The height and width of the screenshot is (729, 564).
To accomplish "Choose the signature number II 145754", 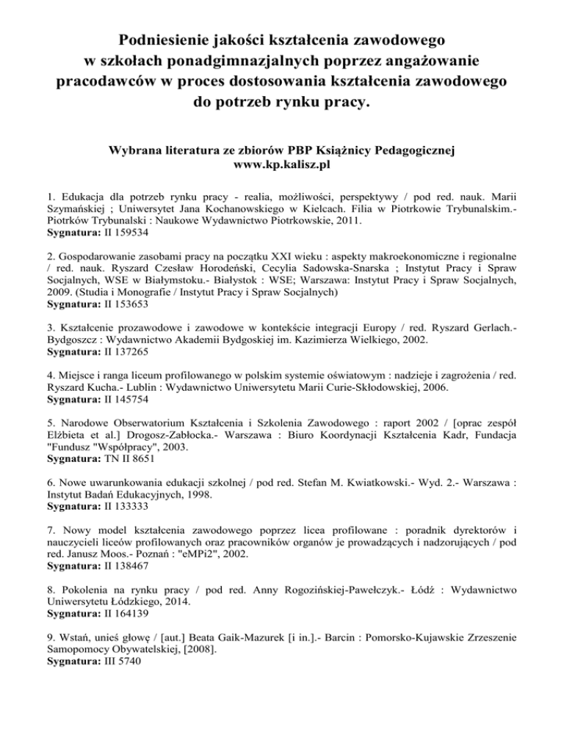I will [124, 437].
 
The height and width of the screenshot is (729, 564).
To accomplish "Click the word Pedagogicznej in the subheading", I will [406, 151].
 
